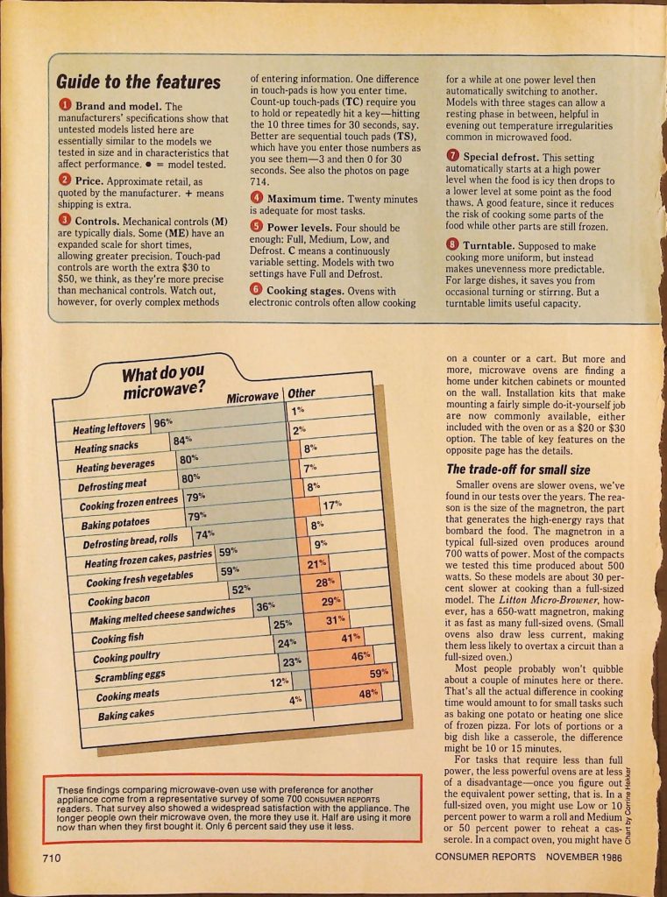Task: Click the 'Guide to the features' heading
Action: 138,82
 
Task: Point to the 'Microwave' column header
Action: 252,399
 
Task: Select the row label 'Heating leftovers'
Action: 110,427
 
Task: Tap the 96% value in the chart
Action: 163,422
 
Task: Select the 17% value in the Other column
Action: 331,505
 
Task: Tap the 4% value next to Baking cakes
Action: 296,700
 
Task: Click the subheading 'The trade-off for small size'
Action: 518,470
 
